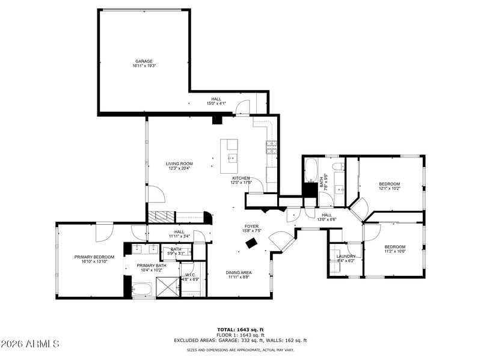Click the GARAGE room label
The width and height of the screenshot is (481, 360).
point(144,61)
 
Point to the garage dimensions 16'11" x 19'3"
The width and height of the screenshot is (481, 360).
point(144,66)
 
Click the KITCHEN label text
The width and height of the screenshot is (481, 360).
point(241,178)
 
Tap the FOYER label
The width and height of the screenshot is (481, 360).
point(251,226)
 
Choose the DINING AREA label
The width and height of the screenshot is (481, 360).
point(239,272)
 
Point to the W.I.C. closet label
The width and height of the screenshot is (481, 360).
point(189,275)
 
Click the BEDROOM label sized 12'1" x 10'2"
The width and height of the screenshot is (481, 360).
point(389,183)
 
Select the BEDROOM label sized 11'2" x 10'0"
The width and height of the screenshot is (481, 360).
point(394,246)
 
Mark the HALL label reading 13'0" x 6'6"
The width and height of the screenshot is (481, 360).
point(326,215)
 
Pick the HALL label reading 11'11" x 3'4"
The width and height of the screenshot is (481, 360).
point(179,231)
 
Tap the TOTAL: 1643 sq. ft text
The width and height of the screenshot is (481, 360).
point(240,329)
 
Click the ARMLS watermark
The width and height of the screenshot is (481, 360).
point(30,344)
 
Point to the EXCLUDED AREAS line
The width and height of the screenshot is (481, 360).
point(240,340)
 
